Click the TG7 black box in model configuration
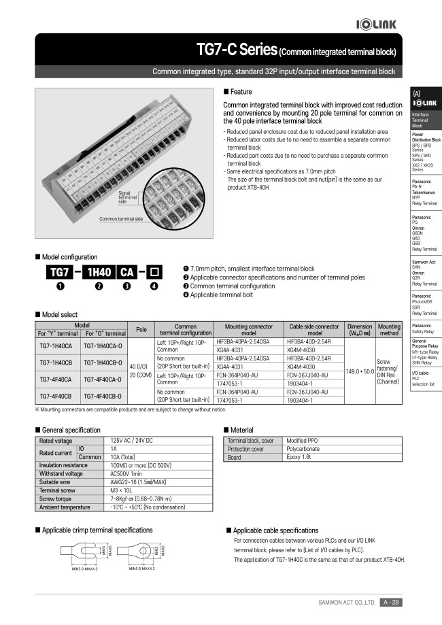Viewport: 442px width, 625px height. pos(58,273)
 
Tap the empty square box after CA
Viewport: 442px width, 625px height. pos(154,273)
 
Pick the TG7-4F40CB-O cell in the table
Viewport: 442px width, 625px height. pos(105,396)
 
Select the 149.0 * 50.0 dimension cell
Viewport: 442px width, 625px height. pos(360,371)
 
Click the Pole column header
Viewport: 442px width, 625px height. pos(141,329)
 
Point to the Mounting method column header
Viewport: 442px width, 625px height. pos(388,330)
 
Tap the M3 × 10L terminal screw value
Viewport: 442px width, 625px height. pos(124,490)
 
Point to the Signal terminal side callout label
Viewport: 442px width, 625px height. pos(128,197)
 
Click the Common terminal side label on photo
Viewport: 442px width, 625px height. pos(121,219)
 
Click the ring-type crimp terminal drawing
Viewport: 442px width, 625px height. pos(144,551)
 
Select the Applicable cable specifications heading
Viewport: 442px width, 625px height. pos(275,530)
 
